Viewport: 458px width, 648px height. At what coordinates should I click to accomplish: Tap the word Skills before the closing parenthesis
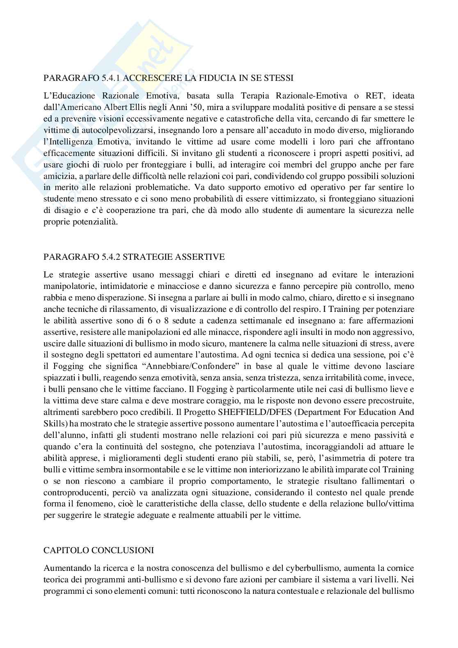tap(53, 412)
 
